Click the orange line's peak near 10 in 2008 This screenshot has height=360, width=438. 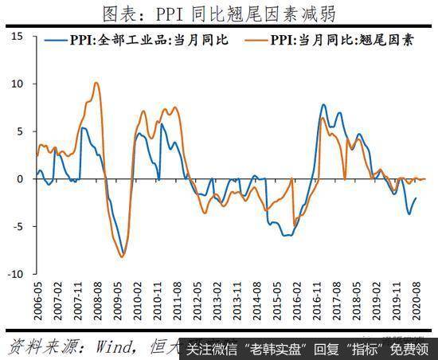pos(96,82)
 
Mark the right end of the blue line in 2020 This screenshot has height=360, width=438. pos(416,198)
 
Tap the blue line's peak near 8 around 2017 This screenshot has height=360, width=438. pos(324,104)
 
